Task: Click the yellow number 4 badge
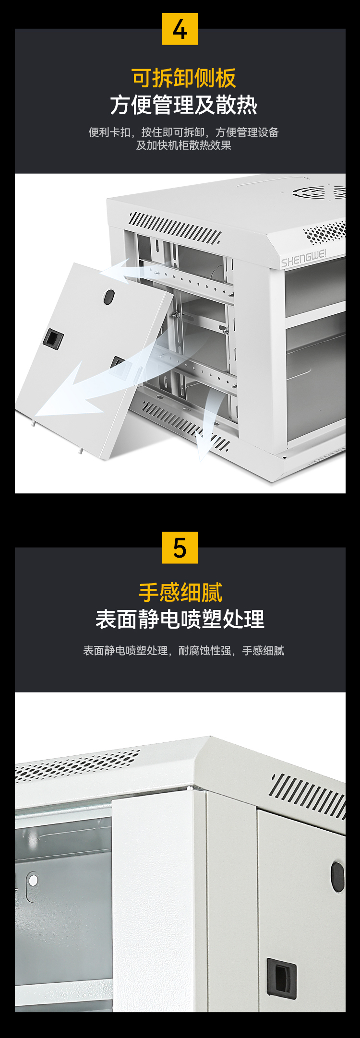(x=180, y=29)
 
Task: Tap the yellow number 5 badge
(x=180, y=548)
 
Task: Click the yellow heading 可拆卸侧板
(x=184, y=78)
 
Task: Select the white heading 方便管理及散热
(x=184, y=105)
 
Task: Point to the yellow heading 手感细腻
(x=180, y=593)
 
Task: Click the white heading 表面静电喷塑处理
(x=180, y=619)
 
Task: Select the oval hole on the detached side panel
(x=109, y=297)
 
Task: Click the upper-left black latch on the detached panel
(x=53, y=338)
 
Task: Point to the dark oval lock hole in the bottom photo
(x=337, y=877)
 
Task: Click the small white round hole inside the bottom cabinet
(x=33, y=881)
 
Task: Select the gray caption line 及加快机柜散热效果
(x=184, y=145)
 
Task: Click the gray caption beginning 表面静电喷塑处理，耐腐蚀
(x=184, y=651)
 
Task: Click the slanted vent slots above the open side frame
(x=175, y=228)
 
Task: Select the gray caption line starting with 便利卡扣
(x=184, y=132)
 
